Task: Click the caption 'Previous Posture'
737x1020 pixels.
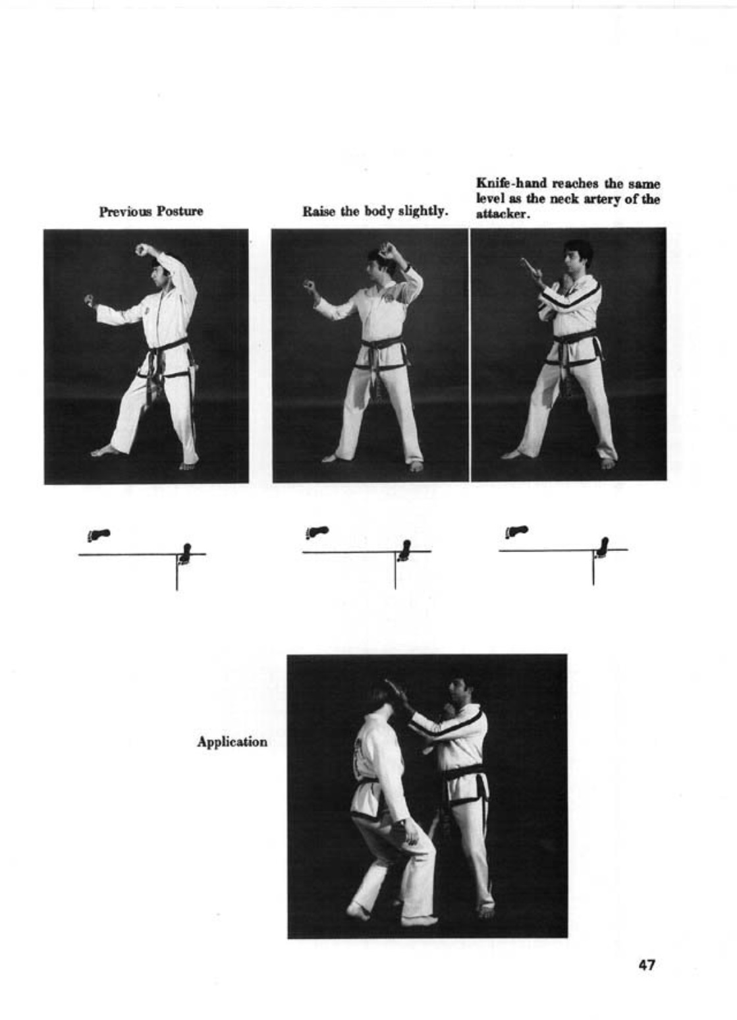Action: point(151,212)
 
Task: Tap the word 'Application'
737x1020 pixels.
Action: point(232,742)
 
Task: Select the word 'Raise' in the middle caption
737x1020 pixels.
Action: point(317,212)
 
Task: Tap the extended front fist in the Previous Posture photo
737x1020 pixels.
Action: point(89,300)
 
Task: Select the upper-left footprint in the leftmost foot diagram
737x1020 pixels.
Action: point(99,534)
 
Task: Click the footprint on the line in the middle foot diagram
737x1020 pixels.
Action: point(403,551)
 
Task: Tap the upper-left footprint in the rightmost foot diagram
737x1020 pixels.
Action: point(516,531)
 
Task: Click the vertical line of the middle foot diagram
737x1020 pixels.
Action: point(395,570)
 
